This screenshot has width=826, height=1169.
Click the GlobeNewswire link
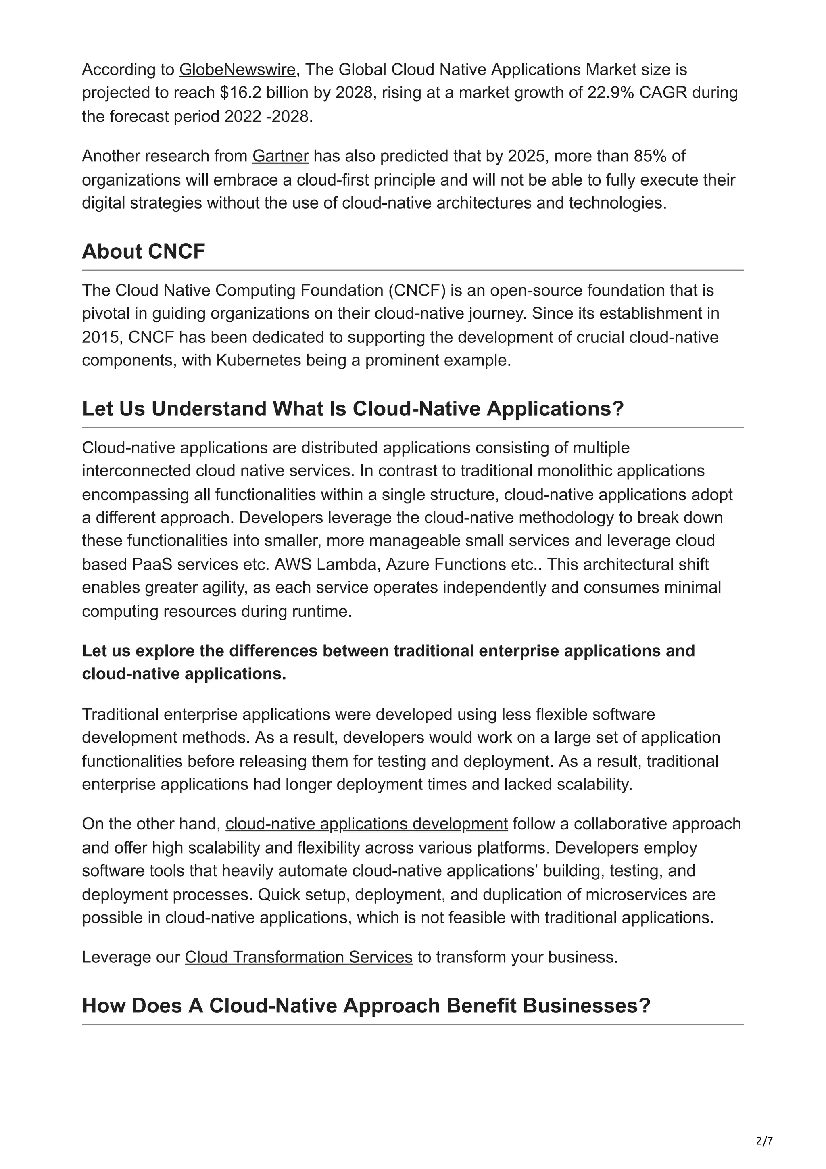pyautogui.click(x=237, y=69)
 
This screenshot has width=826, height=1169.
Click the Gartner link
pyautogui.click(x=280, y=156)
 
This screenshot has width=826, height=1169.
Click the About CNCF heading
pyautogui.click(x=144, y=252)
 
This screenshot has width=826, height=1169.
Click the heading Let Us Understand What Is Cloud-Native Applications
pyautogui.click(x=353, y=409)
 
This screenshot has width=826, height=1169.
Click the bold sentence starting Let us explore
pyautogui.click(x=388, y=662)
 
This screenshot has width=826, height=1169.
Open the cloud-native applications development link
pyautogui.click(x=367, y=824)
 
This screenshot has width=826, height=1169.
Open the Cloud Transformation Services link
pyautogui.click(x=298, y=957)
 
